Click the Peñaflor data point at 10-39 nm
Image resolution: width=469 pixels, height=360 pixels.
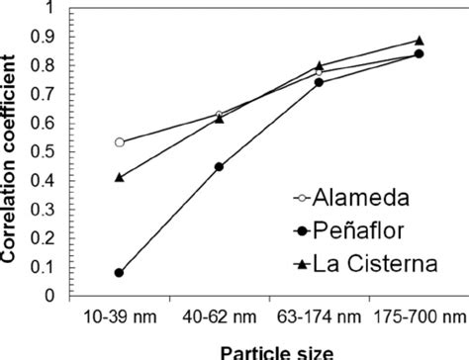(120, 272)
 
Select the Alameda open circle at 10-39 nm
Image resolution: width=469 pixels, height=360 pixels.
(120, 142)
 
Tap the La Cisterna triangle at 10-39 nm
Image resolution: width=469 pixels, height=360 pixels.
(120, 177)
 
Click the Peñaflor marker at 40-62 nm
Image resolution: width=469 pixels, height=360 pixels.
(219, 166)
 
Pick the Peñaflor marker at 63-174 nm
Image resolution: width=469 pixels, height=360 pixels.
(319, 82)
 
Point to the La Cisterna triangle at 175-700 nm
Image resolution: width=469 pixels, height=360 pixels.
(419, 41)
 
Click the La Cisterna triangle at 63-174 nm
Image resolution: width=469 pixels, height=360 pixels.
(319, 65)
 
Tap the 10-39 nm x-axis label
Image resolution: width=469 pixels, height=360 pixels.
(120, 316)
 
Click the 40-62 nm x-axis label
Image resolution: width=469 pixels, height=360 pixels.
(219, 316)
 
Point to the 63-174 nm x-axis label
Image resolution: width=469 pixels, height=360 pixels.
(319, 316)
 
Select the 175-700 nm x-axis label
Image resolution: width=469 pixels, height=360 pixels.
(417, 316)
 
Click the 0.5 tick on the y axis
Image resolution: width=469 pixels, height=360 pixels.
(47, 151)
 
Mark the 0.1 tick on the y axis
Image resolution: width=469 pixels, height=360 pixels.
(47, 267)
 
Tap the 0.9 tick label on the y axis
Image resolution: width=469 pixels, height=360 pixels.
(47, 37)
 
